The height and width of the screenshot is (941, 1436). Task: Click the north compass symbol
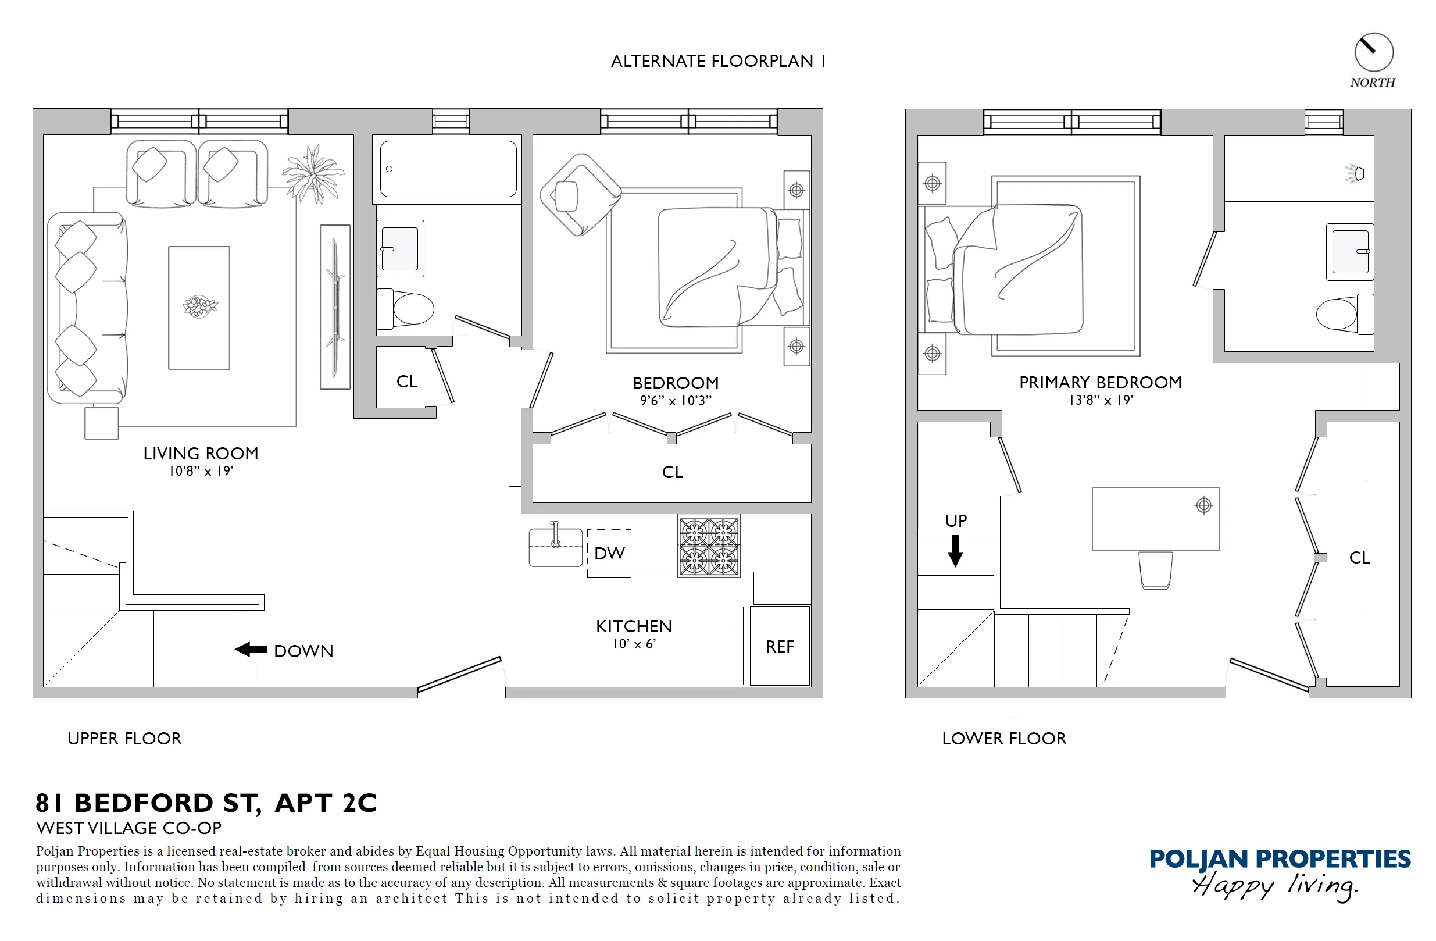click(1373, 53)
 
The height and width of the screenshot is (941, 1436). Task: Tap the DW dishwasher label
click(609, 554)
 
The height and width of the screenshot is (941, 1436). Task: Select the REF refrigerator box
click(780, 646)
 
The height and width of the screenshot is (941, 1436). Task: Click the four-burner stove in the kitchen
click(708, 547)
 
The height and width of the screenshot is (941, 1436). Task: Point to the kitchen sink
click(555, 547)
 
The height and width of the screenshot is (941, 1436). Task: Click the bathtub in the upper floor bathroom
click(448, 169)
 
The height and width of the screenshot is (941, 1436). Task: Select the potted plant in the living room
click(313, 174)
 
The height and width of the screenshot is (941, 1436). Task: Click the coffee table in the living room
click(198, 307)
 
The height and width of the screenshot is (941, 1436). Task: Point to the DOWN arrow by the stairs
click(251, 650)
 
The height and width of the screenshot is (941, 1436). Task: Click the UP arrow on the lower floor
click(955, 551)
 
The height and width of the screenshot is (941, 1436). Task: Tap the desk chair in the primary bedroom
click(1155, 570)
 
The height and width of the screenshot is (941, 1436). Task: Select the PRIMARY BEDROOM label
click(1100, 383)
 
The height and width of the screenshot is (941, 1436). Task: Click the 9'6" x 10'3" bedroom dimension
click(675, 401)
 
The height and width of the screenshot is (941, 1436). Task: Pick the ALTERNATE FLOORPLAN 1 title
click(717, 62)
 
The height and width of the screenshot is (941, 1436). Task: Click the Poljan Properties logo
click(1279, 871)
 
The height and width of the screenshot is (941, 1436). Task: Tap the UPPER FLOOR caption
click(124, 739)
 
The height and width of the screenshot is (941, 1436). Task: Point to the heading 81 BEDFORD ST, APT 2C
click(206, 803)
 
